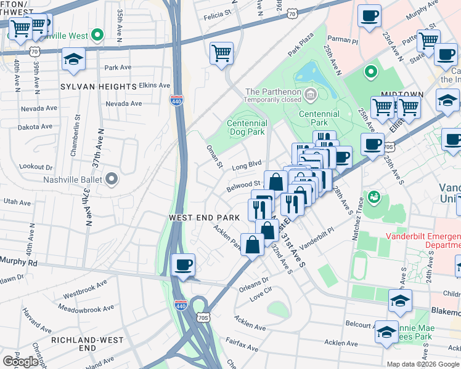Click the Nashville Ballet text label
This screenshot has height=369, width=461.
pyautogui.click(x=67, y=180)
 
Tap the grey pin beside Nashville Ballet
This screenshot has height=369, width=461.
pyautogui.click(x=112, y=180)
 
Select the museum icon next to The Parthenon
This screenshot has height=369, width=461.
pyautogui.click(x=311, y=95)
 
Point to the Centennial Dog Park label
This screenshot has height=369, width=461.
pyautogui.click(x=246, y=127)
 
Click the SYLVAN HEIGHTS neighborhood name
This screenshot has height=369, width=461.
pyautogui.click(x=99, y=87)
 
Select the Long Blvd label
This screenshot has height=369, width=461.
pyautogui.click(x=247, y=165)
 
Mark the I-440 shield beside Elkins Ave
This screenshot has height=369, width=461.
pyautogui.click(x=176, y=100)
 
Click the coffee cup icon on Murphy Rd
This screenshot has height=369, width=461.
pyautogui.click(x=183, y=266)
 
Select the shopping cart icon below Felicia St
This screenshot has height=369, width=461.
pyautogui.click(x=221, y=53)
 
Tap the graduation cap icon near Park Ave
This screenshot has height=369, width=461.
pyautogui.click(x=73, y=60)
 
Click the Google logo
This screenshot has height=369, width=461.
pyautogui.click(x=20, y=361)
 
